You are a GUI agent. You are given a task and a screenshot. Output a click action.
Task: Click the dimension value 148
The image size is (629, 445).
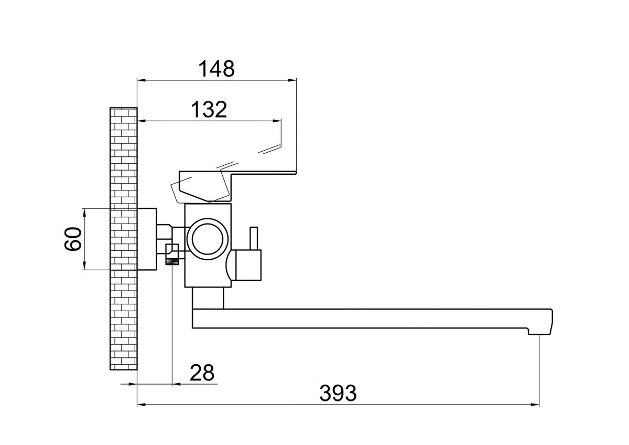pos(216,69)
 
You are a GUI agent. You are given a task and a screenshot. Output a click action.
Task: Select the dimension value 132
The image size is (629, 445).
pos(208,109)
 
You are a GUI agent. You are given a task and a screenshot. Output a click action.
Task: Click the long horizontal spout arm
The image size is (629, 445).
pos(367,319)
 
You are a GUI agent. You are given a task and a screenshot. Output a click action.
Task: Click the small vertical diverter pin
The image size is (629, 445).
pos(253,239)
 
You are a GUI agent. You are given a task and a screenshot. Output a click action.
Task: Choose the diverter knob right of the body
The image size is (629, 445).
pos(246,265)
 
